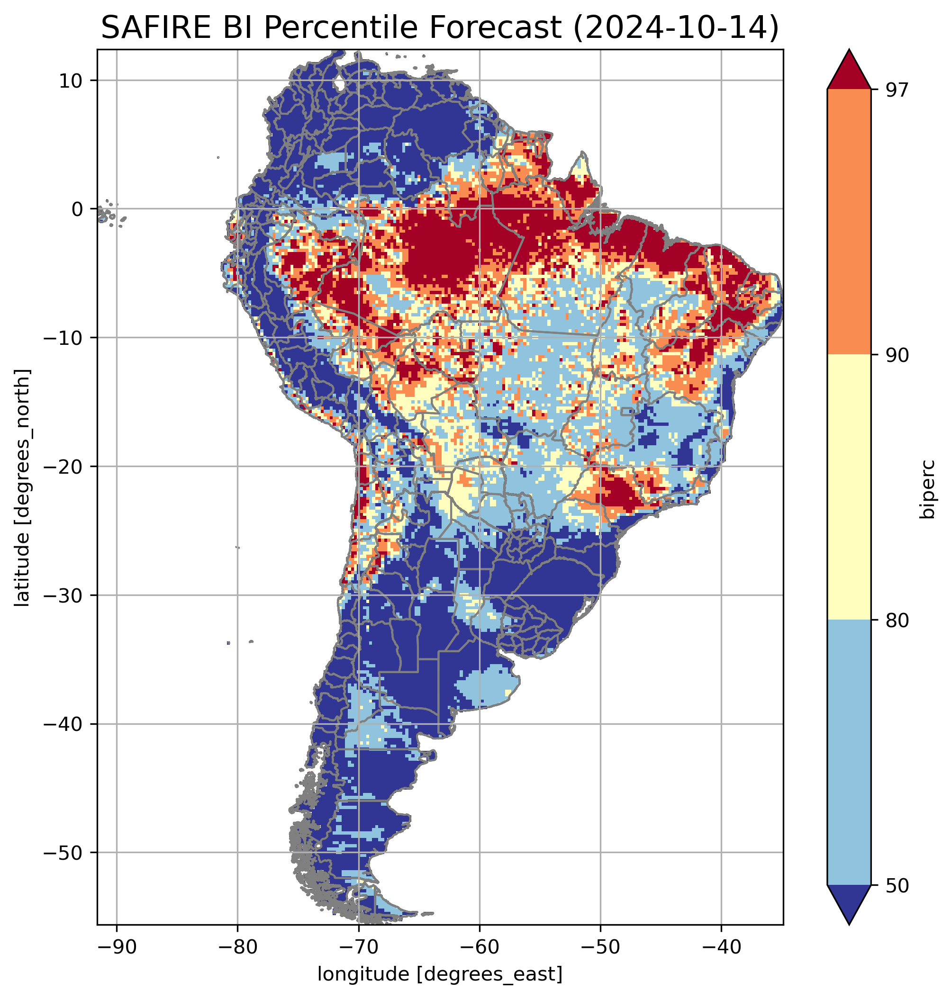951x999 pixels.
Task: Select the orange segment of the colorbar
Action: (849, 222)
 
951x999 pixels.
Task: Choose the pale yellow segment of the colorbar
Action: (849, 486)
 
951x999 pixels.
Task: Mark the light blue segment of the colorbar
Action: (849, 753)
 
